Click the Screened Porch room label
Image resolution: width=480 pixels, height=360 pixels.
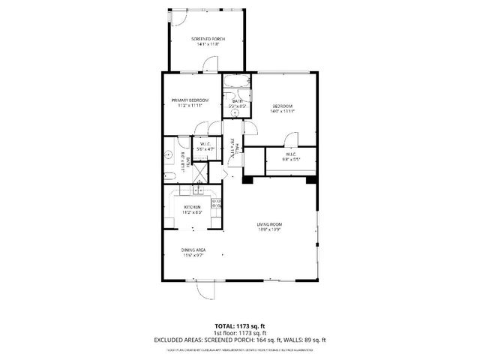(x=208, y=39)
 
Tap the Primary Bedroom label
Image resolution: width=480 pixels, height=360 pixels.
(x=189, y=100)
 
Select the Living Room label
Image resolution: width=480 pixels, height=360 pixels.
(x=270, y=224)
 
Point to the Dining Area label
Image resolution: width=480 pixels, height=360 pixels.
(x=193, y=250)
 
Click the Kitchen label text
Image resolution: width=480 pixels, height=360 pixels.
(x=193, y=207)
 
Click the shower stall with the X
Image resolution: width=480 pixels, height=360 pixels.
(x=200, y=171)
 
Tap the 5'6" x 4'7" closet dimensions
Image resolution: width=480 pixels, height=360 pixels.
(x=205, y=149)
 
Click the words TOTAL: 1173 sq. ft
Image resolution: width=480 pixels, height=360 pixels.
(x=239, y=326)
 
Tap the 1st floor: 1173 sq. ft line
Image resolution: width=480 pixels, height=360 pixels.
(x=239, y=332)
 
